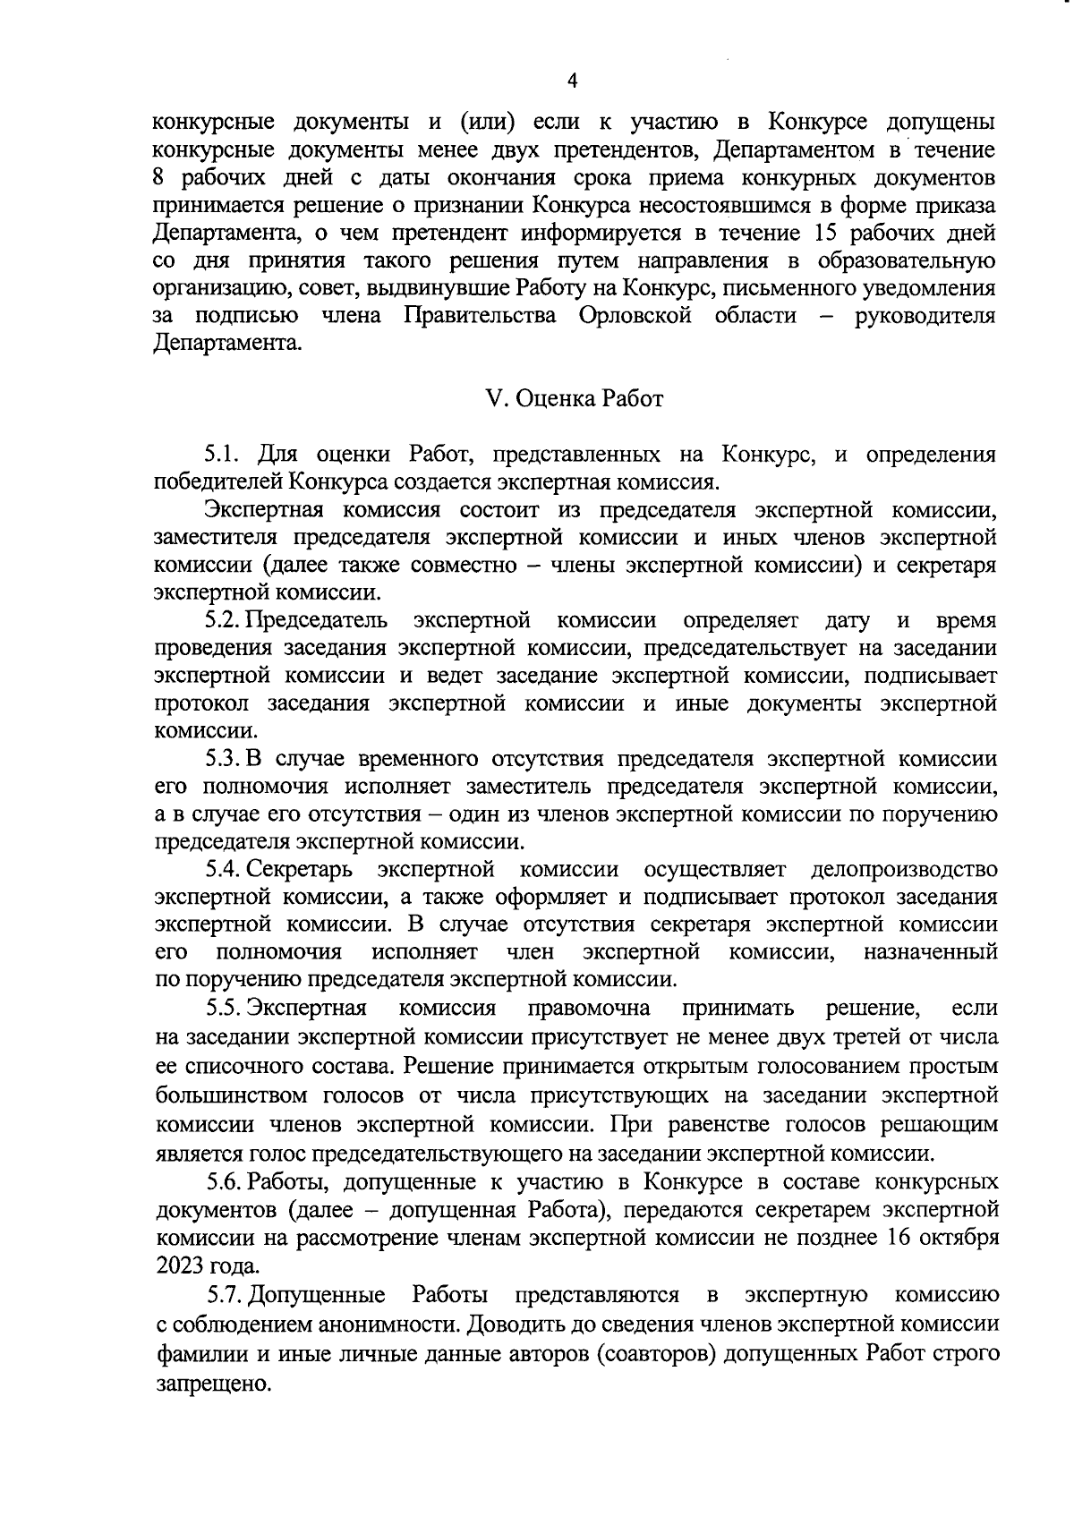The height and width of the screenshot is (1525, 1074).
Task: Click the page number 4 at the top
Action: click(x=573, y=81)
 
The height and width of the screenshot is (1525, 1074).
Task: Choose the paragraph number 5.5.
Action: click(x=224, y=1009)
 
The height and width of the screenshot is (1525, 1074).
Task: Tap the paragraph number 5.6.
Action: click(x=224, y=1182)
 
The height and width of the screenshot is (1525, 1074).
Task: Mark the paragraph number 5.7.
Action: click(x=225, y=1295)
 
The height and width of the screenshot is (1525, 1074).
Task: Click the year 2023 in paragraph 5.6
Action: click(x=180, y=1266)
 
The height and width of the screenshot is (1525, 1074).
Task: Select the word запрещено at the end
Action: click(x=212, y=1384)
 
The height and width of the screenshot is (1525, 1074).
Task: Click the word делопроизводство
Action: click(x=903, y=869)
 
